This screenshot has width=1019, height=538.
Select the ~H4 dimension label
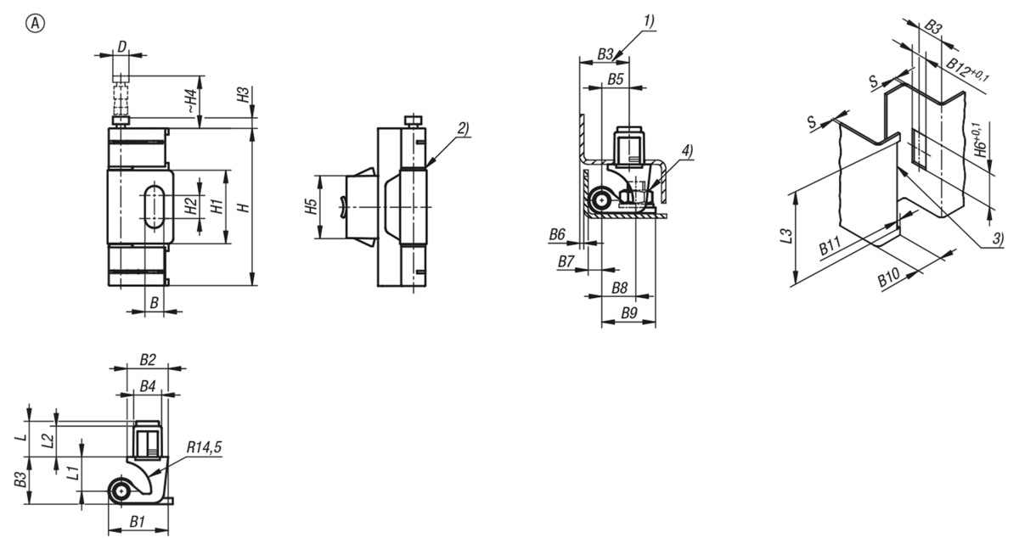tap(193, 102)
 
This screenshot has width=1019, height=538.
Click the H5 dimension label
tap(311, 207)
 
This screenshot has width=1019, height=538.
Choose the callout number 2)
tap(463, 129)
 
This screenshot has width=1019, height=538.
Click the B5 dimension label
tap(616, 79)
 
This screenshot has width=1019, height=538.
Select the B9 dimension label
tap(629, 313)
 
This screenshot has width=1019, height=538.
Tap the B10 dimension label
tap(889, 277)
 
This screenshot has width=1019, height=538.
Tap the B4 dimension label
tap(148, 386)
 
